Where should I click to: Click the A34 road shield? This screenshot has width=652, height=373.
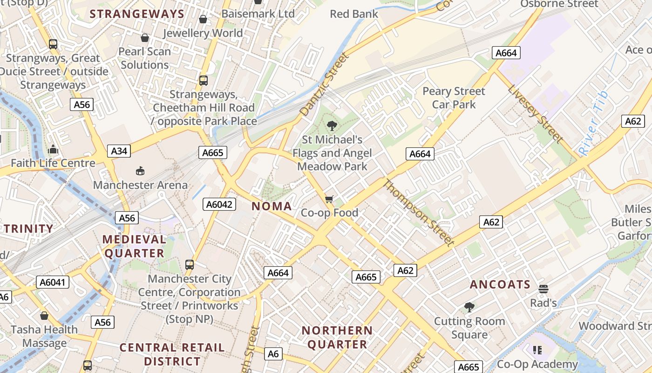pos(119,151)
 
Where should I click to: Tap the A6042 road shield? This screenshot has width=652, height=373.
pos(219,204)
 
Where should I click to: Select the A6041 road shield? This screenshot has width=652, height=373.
pos(53,282)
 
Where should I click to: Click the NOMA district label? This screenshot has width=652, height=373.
pos(272,206)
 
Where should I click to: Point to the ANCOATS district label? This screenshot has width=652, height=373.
pos(500,284)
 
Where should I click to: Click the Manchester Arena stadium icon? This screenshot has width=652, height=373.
pos(140,171)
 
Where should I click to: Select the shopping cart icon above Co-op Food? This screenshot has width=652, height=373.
pos(329,200)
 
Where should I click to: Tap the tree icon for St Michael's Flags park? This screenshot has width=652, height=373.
pos(332,125)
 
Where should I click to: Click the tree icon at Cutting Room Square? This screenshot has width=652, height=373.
pos(469,307)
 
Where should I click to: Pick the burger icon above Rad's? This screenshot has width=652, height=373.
pos(543,289)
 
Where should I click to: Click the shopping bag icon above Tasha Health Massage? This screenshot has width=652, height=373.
pos(44,316)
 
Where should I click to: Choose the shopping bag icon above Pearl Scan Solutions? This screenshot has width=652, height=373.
pos(145,38)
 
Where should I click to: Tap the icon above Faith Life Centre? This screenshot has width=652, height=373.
pos(53,149)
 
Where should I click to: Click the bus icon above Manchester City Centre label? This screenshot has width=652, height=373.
pos(190,265)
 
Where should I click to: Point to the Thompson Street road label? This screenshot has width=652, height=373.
pos(418,213)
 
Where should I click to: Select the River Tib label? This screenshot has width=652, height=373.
pos(593,124)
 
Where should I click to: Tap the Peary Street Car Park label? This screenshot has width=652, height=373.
pos(454,98)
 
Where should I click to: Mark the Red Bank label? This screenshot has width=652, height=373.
pos(354,14)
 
